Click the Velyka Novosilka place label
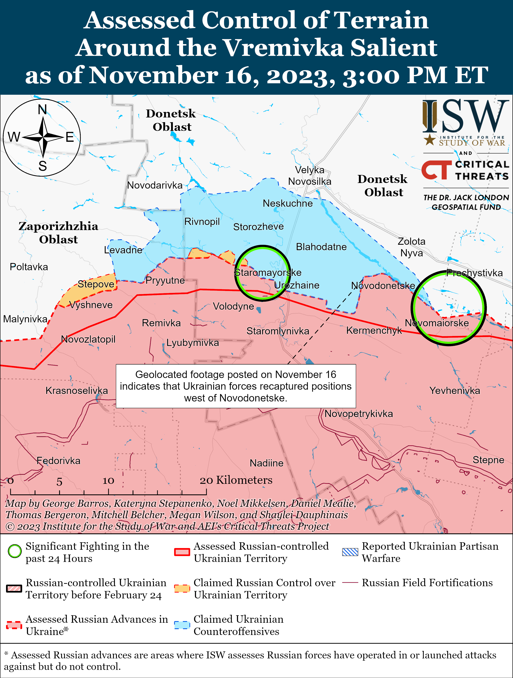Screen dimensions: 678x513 (310, 176)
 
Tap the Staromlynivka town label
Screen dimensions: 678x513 (278, 331)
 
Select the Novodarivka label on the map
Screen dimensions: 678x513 (155, 185)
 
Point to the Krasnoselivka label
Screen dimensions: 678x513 (77, 390)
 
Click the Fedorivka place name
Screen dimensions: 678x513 (58, 461)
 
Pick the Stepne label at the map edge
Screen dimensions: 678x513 (488, 460)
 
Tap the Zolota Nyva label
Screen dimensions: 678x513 (411, 247)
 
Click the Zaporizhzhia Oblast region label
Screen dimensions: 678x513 (58, 233)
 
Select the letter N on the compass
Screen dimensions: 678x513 (42, 109)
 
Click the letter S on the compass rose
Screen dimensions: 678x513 (43, 166)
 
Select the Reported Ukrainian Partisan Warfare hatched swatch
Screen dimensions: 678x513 (350, 552)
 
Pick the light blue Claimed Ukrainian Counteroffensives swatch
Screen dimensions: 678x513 (182, 625)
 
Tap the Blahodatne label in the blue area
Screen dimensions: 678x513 (321, 247)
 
